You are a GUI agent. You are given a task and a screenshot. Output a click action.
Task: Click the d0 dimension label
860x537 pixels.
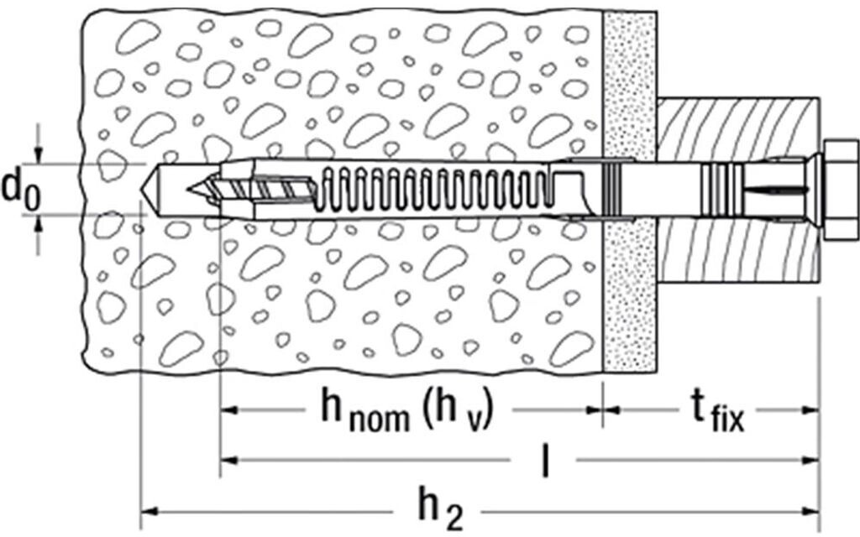coord(20,189)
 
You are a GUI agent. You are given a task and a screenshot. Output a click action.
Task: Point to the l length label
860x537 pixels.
coord(545,461)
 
